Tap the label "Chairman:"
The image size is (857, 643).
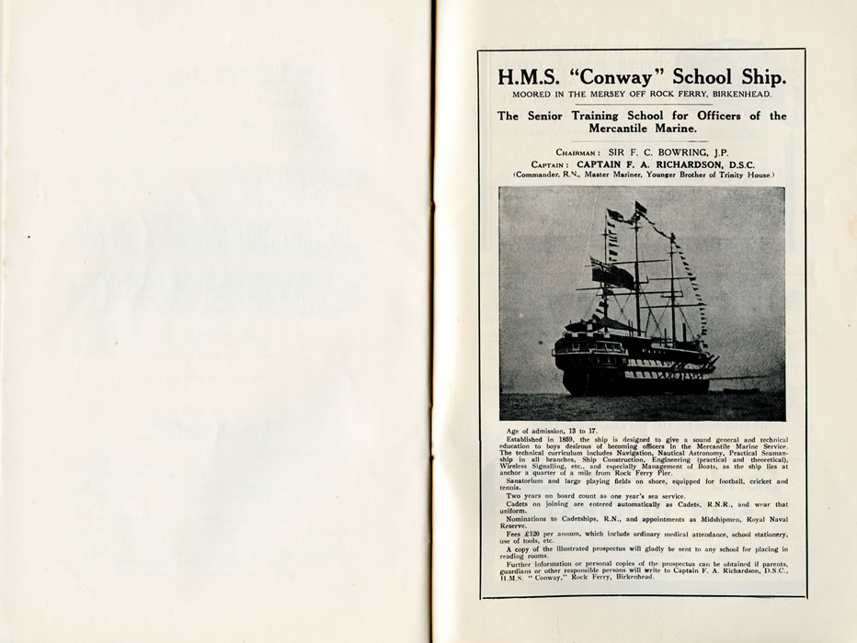pyautogui.click(x=578, y=153)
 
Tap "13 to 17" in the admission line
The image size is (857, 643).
pyautogui.click(x=583, y=430)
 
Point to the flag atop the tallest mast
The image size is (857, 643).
pyautogui.click(x=641, y=208)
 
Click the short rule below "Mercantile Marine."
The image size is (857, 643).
pyautogui.click(x=642, y=143)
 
